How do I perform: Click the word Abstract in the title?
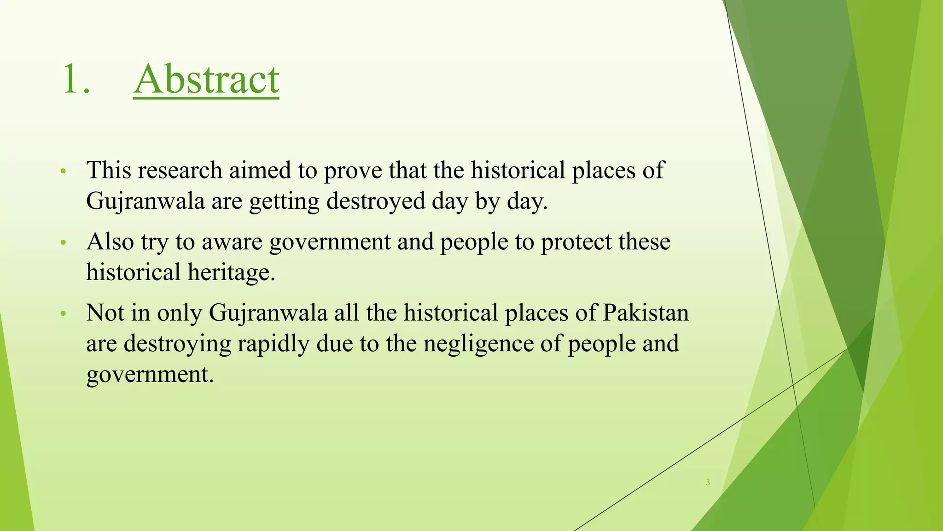[x=206, y=79]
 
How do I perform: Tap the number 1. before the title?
[x=76, y=79]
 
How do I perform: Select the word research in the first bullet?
[x=180, y=170]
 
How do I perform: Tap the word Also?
[x=110, y=242]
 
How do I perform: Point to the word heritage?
[x=231, y=272]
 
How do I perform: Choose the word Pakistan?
[x=646, y=313]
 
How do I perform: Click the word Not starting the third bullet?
[x=105, y=313]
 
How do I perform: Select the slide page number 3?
[x=708, y=482]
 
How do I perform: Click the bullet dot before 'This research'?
[x=64, y=172]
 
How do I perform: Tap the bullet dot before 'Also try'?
[x=64, y=243]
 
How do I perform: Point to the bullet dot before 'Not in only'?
[x=64, y=314]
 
